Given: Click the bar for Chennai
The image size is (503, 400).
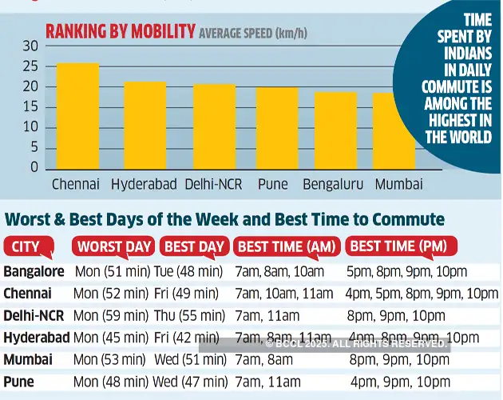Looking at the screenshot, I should [77, 116].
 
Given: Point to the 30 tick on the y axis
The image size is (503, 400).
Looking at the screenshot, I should [30, 46].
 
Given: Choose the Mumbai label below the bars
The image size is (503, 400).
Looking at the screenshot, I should [398, 185].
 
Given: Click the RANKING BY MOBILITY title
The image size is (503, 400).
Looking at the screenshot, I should [120, 32].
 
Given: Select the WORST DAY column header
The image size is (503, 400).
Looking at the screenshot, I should [113, 247].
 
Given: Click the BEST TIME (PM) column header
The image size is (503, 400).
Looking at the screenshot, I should [398, 246].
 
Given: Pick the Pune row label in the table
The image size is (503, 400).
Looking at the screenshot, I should [19, 382].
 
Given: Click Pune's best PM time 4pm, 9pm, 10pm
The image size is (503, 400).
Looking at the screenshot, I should [400, 382].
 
